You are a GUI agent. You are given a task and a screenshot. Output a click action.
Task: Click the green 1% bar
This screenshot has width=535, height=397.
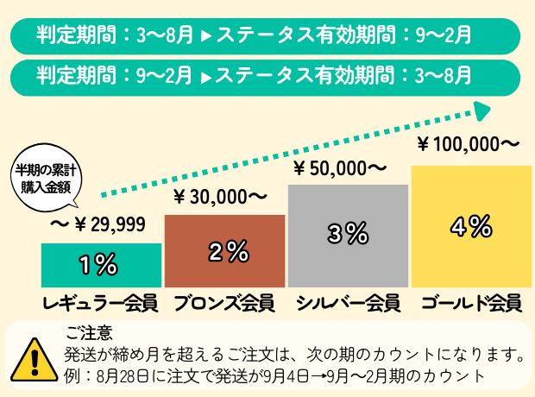click(x=101, y=265)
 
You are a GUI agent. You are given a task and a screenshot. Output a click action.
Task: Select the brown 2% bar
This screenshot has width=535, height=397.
click(x=224, y=250)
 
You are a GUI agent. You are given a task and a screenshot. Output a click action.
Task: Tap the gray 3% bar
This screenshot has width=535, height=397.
click(x=347, y=235)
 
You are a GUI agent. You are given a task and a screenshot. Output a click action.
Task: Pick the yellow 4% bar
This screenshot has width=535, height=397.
click(x=469, y=226)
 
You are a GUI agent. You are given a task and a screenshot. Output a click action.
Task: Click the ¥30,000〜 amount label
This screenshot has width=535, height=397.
click(x=221, y=198)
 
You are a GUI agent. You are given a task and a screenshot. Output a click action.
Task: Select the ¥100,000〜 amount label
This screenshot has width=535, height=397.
click(x=468, y=142)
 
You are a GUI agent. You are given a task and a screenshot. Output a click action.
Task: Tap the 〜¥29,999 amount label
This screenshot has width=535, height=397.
click(x=97, y=225)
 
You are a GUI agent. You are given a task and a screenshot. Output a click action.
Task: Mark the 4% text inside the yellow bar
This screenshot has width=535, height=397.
click(x=471, y=227)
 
